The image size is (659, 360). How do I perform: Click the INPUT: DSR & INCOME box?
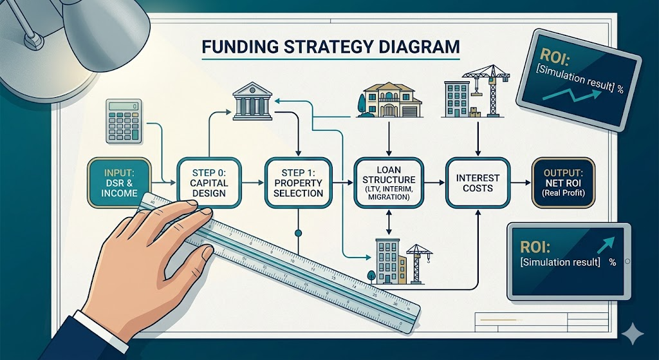point(119,182)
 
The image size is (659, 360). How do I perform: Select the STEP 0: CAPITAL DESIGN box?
point(209,182)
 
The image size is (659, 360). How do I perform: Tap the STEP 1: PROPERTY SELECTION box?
point(299,182)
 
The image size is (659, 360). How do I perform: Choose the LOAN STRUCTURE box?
point(389,182)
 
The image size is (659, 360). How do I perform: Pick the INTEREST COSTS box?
point(478,182)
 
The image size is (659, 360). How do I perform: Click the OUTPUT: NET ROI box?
point(563,182)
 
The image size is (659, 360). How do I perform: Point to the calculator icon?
point(124,121)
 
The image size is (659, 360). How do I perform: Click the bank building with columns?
point(252,101)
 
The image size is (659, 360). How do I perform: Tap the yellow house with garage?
point(389,100)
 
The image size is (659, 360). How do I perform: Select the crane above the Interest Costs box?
point(488,90)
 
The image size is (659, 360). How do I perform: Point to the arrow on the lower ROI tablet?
point(606,244)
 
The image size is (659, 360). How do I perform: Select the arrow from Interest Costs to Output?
point(521,182)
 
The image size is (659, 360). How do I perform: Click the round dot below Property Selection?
point(299,232)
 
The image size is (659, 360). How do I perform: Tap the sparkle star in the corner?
point(633,334)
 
